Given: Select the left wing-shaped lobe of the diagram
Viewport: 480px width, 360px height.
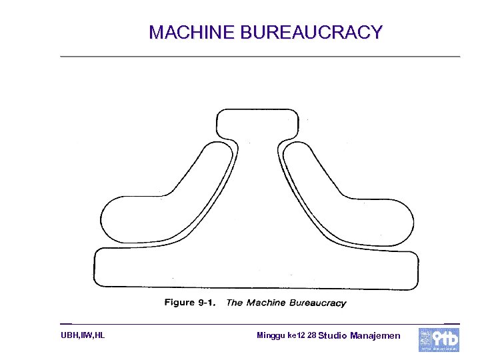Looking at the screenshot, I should pyautogui.click(x=160, y=207).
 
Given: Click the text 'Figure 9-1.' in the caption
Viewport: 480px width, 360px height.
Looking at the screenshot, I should pyautogui.click(x=189, y=303).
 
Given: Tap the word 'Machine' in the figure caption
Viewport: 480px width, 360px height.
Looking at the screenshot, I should pyautogui.click(x=265, y=303).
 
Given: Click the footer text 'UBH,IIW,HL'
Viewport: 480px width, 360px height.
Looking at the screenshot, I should pyautogui.click(x=83, y=335).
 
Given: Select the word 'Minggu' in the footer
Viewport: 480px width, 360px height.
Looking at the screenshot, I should pyautogui.click(x=271, y=335).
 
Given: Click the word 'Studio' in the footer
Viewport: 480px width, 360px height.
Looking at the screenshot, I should pyautogui.click(x=333, y=335).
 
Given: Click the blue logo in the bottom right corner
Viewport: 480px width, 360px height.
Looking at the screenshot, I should pyautogui.click(x=439, y=339).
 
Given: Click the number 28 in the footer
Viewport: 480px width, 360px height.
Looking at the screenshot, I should pyautogui.click(x=312, y=335).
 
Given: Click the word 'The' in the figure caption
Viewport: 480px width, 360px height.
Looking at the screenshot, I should pyautogui.click(x=235, y=303).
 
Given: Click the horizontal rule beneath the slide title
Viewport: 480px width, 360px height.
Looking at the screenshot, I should pyautogui.click(x=260, y=57).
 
